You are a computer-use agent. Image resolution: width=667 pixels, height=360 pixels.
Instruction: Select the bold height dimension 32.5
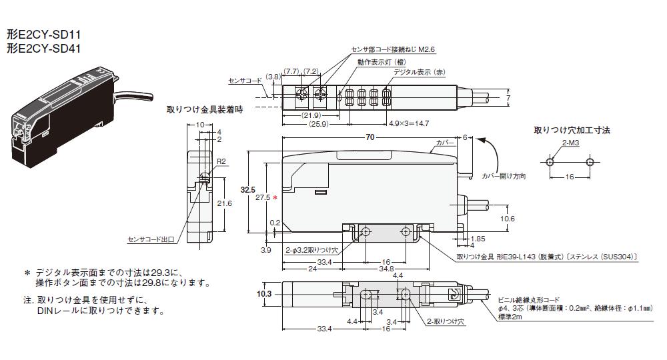click(248, 191)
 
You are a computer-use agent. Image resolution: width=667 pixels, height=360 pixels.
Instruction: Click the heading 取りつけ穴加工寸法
click(572, 130)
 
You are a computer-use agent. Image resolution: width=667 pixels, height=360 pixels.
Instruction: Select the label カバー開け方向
click(504, 176)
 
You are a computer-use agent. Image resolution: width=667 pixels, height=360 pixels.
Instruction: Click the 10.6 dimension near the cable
click(507, 217)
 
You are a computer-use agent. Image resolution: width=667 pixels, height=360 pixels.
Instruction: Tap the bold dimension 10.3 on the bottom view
click(264, 293)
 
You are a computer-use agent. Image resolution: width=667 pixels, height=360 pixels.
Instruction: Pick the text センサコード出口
click(151, 239)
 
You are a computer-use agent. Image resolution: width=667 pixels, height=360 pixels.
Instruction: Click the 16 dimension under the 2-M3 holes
click(569, 178)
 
